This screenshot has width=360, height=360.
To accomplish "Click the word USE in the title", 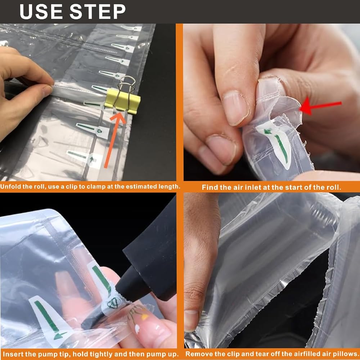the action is point(41,12).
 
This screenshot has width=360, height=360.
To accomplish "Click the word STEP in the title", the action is point(98,12).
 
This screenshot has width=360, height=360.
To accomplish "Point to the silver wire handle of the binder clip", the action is point(125,90).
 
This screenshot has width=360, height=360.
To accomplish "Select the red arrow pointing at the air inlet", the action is point(321,107).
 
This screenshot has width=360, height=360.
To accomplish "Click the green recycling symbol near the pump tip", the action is point(114,303).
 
